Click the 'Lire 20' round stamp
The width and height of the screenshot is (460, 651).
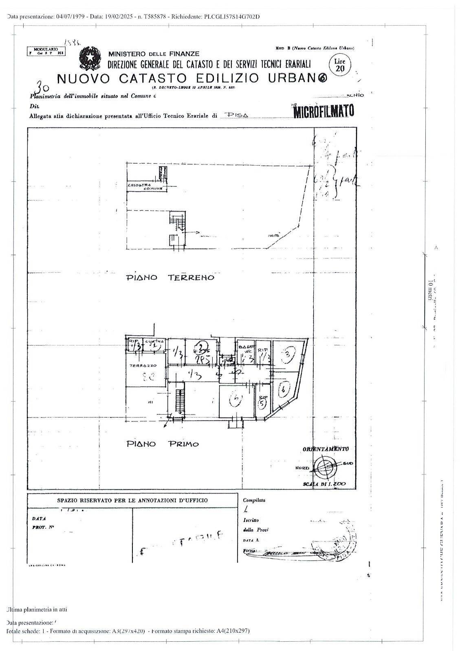pyautogui.click(x=339, y=64)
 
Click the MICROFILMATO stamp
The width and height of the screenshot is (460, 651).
pyautogui.click(x=324, y=111)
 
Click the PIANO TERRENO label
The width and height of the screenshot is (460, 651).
pyautogui.click(x=170, y=277)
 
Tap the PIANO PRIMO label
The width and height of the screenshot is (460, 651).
pyautogui.click(x=162, y=443)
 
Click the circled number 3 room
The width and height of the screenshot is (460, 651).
pyautogui.click(x=288, y=355)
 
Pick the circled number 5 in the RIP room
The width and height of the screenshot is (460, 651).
pyautogui.click(x=263, y=403)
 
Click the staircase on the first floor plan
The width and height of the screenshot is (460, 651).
pyautogui.click(x=178, y=401)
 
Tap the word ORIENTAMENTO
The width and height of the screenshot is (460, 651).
pyautogui.click(x=325, y=449)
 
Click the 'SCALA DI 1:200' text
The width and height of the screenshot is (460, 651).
pyautogui.click(x=324, y=484)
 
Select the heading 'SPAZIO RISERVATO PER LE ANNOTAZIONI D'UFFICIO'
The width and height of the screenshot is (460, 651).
pyautogui.click(x=132, y=500)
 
